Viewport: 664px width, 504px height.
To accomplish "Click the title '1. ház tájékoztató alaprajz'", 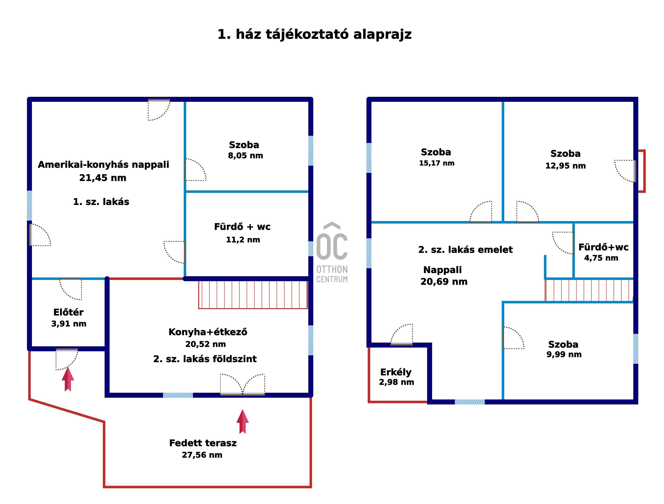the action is click(314, 34).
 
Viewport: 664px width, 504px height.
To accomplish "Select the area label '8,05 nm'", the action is click(245, 156).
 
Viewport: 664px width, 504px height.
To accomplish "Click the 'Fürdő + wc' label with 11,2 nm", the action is click(242, 227).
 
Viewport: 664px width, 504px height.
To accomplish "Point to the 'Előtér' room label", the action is click(68, 312).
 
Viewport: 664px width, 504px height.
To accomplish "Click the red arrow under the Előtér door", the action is click(68, 379).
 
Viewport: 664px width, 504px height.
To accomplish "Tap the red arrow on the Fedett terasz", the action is click(243, 421).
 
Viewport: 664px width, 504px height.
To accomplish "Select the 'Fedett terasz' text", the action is click(203, 443).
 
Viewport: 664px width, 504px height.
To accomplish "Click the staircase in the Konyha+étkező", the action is click(253, 295).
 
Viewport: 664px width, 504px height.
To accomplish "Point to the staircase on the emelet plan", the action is click(589, 290).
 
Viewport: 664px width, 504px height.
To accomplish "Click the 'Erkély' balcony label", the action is click(396, 372).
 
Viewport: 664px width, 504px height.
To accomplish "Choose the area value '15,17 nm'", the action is click(437, 163).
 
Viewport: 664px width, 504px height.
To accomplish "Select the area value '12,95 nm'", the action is click(566, 166).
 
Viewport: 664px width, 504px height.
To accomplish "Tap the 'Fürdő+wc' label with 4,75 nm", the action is click(603, 247).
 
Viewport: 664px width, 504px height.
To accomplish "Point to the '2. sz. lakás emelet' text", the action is click(466, 250).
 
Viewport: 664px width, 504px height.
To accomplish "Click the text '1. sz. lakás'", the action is click(101, 202).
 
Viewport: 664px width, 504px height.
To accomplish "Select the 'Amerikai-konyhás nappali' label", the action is click(103, 165).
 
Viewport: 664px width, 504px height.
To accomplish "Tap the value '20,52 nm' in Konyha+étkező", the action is click(206, 344).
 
